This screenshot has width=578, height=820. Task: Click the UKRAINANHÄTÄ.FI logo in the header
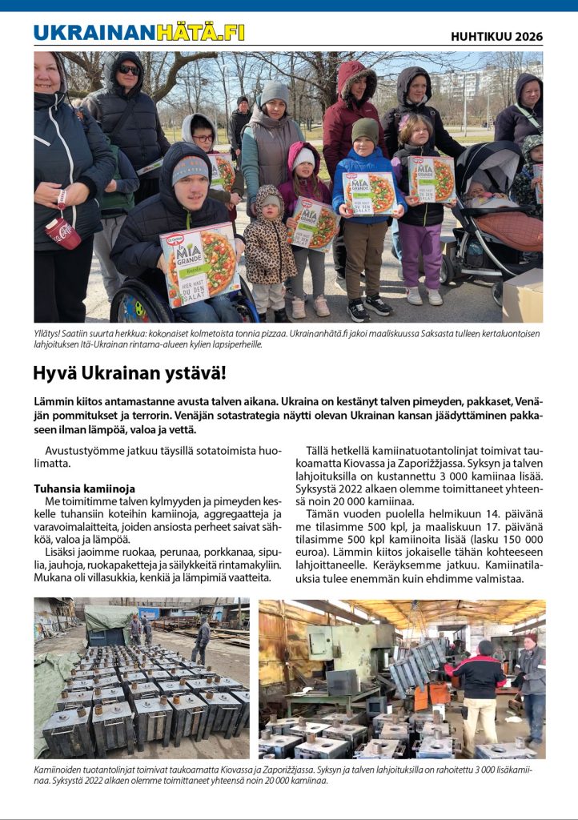[x=139, y=33]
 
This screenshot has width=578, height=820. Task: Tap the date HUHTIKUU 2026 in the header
[x=496, y=36]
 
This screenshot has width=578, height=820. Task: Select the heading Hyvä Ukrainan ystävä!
[x=130, y=373]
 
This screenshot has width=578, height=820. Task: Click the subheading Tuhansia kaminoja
[x=84, y=488]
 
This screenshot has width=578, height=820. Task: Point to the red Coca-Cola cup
[x=63, y=231]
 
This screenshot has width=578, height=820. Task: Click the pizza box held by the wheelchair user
[x=200, y=264]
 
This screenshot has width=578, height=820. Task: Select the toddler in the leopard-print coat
[x=269, y=248]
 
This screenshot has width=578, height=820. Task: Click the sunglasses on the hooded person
[x=129, y=70]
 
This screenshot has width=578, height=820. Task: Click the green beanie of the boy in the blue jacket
[x=365, y=127]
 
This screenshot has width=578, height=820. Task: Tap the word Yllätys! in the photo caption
[x=50, y=333]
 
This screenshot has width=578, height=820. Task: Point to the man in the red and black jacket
[x=480, y=685]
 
